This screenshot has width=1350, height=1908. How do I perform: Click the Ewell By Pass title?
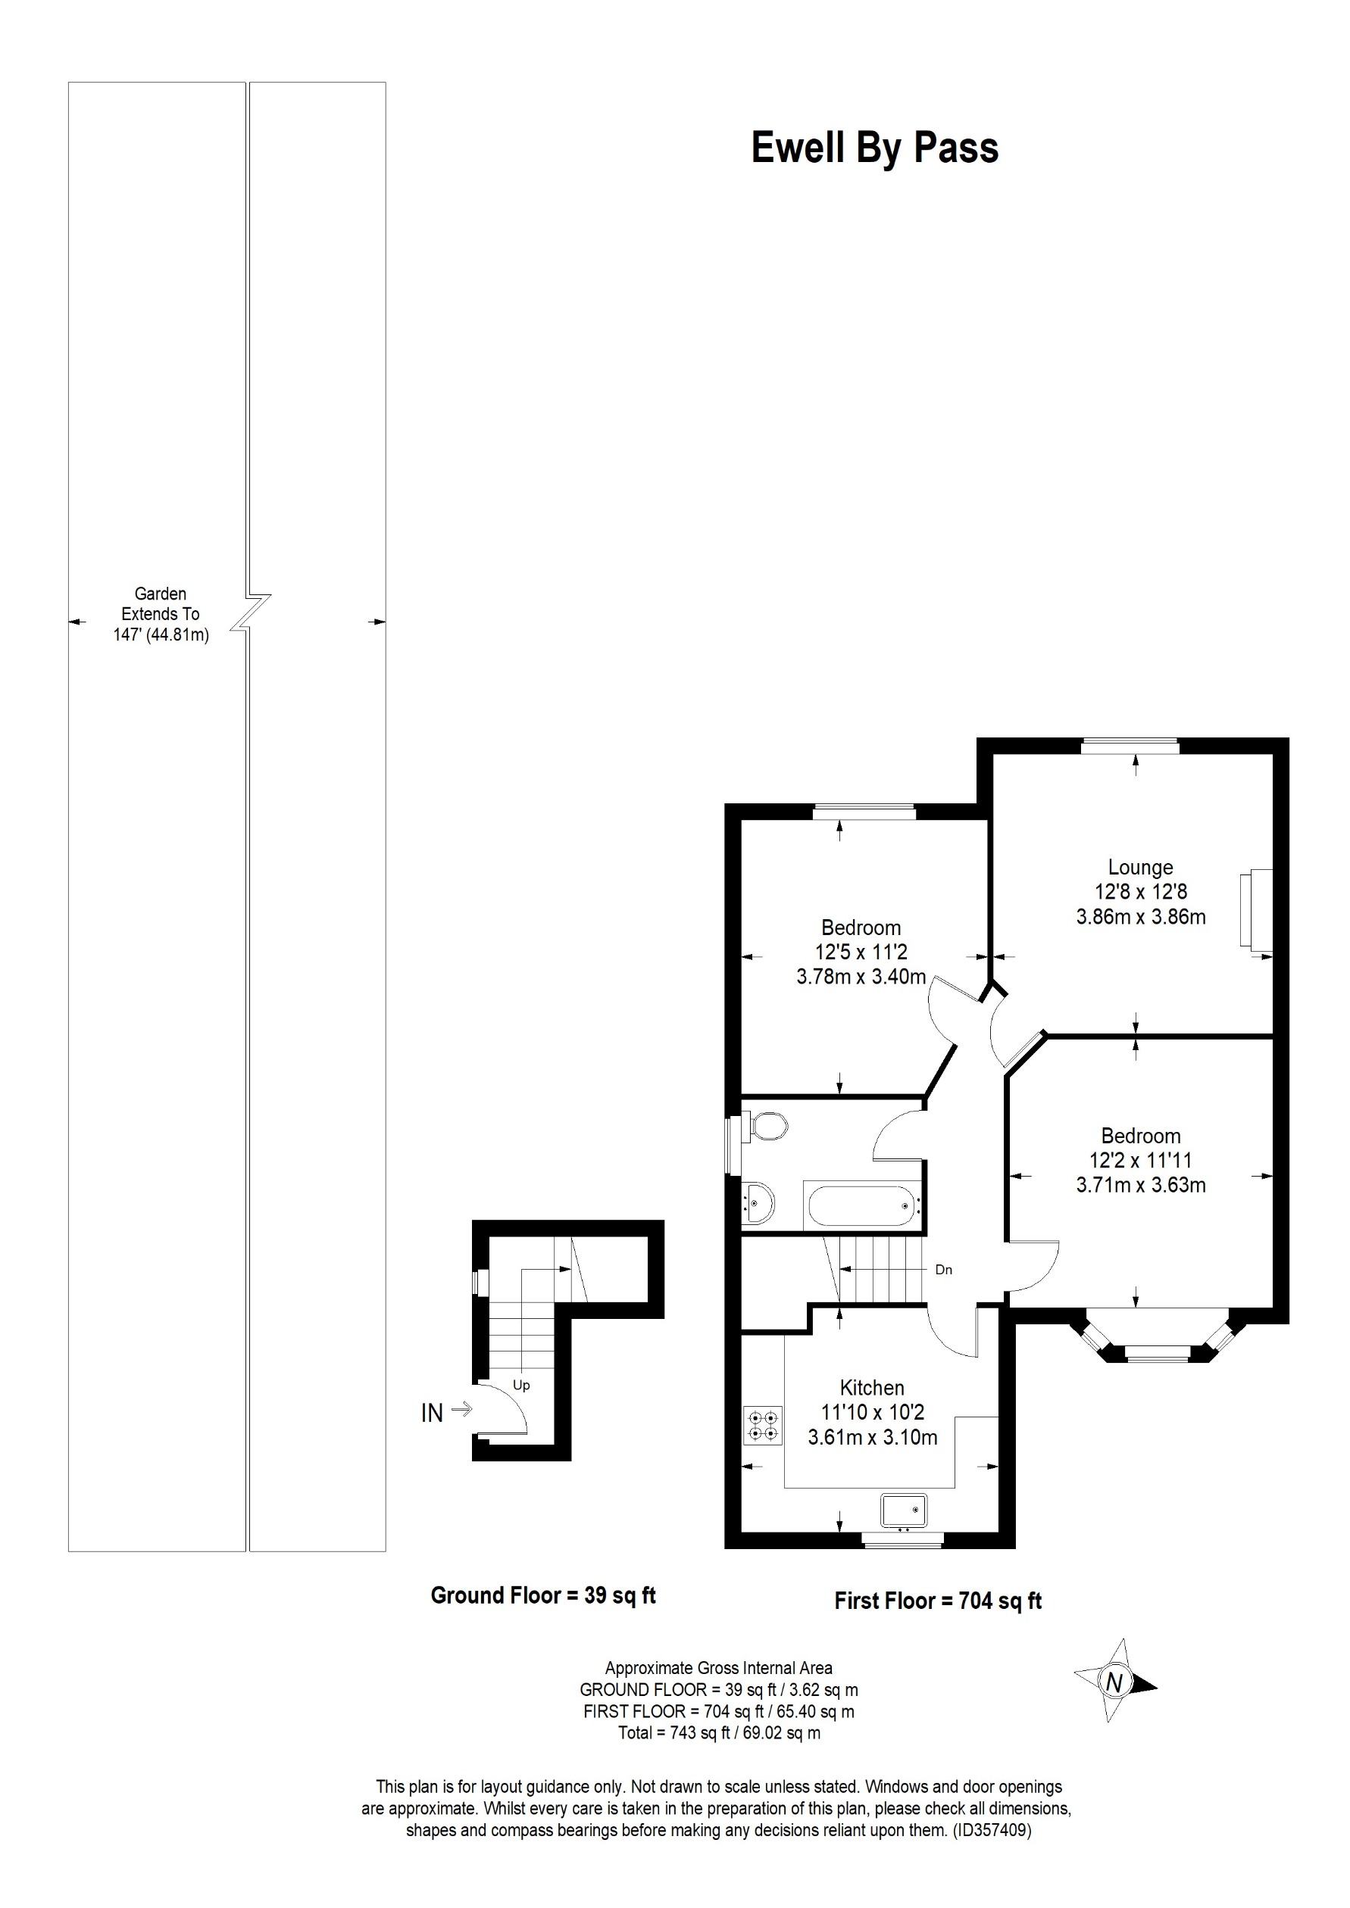(874, 148)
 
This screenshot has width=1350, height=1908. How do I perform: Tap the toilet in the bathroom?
(769, 1127)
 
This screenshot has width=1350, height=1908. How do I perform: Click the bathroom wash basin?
(759, 1202)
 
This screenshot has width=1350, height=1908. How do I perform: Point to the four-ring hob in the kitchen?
(764, 1424)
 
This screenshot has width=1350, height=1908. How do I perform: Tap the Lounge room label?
(1139, 867)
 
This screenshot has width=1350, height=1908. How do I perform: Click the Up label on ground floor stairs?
(521, 1386)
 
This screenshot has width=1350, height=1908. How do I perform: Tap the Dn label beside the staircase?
(943, 1270)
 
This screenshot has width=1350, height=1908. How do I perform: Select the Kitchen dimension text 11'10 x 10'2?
(872, 1412)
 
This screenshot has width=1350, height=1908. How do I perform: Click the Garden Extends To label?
(161, 614)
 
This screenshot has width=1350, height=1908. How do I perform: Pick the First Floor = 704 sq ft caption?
(938, 1601)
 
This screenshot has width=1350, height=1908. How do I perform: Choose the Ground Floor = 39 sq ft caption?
(543, 1595)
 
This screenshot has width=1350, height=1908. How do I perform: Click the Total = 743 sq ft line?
(718, 1732)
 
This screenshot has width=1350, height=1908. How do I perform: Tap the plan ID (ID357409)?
(992, 1830)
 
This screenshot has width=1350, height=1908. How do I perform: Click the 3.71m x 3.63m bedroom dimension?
(1140, 1185)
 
